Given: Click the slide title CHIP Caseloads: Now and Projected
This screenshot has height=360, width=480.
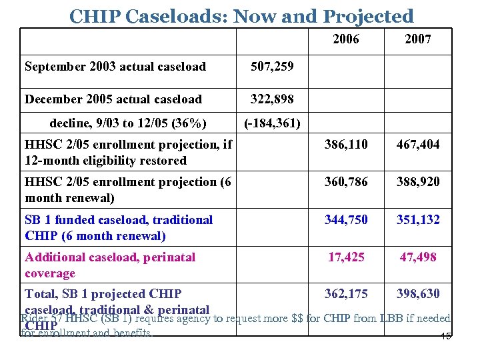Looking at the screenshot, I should coord(241,15).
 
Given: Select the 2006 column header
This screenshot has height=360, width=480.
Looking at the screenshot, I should coord(345,39).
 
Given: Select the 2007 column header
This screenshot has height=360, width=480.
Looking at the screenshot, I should coord(418,39).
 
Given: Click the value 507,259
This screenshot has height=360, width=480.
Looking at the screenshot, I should coord(273,67).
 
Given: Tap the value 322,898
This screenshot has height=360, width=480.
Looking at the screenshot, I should coord(273,99).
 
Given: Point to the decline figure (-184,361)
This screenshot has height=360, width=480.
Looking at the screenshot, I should coord(273,123).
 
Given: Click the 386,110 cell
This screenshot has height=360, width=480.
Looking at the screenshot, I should coord(345,145).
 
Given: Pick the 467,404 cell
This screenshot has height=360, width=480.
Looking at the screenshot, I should coord(418,145).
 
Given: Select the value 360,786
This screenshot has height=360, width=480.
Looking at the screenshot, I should coord(345,182).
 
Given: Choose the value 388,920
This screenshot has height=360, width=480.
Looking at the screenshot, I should coord(418,182).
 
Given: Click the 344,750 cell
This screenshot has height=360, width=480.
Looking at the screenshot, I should coord(345,219).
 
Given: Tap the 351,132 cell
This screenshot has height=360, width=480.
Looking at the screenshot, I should coord(418,219).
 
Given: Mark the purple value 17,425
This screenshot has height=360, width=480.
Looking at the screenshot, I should coord(345,257).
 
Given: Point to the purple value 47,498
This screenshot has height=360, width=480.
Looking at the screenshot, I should coord(418,257).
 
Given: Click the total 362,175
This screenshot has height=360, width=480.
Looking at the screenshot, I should coord(345,294).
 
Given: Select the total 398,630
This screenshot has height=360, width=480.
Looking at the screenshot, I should coord(418,294).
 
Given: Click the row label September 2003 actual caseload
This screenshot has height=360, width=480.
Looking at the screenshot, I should coord(115,67).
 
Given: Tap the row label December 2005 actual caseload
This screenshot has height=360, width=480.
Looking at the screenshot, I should coord(113,99).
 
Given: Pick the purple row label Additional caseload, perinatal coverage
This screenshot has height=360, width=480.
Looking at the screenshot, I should coord(110,265).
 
